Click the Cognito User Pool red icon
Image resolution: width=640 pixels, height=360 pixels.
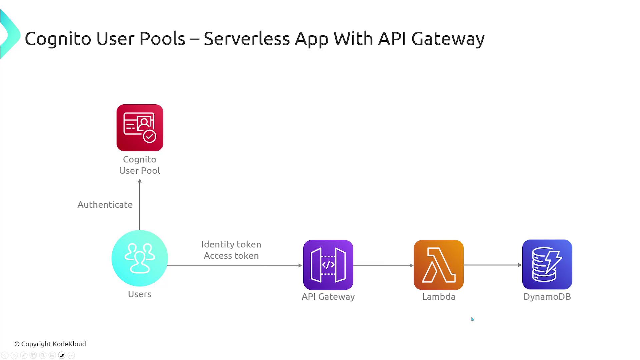click(x=140, y=128)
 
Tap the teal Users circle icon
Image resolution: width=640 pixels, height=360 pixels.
click(x=140, y=258)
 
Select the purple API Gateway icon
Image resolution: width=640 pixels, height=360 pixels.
click(x=328, y=265)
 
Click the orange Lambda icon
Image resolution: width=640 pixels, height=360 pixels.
click(x=439, y=265)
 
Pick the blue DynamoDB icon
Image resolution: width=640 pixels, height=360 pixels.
click(x=547, y=264)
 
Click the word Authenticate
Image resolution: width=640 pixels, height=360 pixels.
click(x=105, y=204)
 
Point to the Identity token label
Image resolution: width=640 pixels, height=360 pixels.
click(x=231, y=244)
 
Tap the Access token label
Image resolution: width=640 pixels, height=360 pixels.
click(x=231, y=256)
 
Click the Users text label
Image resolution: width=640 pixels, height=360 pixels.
click(x=140, y=294)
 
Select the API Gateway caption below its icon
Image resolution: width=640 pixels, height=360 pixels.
click(x=328, y=297)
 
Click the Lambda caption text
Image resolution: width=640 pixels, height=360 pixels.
click(x=439, y=297)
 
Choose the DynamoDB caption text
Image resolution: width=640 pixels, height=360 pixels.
click(x=547, y=297)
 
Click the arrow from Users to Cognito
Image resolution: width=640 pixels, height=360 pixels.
click(x=140, y=204)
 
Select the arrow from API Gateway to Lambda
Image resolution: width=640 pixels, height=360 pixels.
click(x=383, y=265)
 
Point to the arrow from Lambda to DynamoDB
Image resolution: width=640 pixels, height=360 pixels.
click(x=493, y=265)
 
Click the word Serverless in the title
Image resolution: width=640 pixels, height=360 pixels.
click(x=247, y=38)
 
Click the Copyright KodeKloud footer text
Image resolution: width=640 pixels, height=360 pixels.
click(x=50, y=344)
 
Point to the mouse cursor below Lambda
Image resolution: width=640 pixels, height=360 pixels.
click(x=473, y=319)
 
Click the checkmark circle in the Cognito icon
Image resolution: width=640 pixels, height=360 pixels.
click(x=149, y=136)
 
